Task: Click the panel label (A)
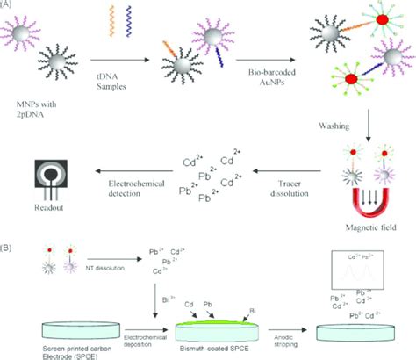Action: coord(9,4)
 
